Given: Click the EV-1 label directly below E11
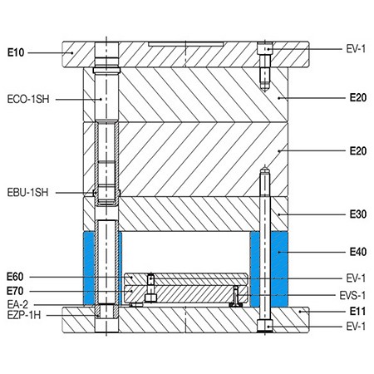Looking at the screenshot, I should (x=355, y=326).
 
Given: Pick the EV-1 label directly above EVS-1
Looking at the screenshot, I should (x=355, y=276).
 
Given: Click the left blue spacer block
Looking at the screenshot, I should (x=89, y=268).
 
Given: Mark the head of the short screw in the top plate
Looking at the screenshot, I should (x=265, y=50).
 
